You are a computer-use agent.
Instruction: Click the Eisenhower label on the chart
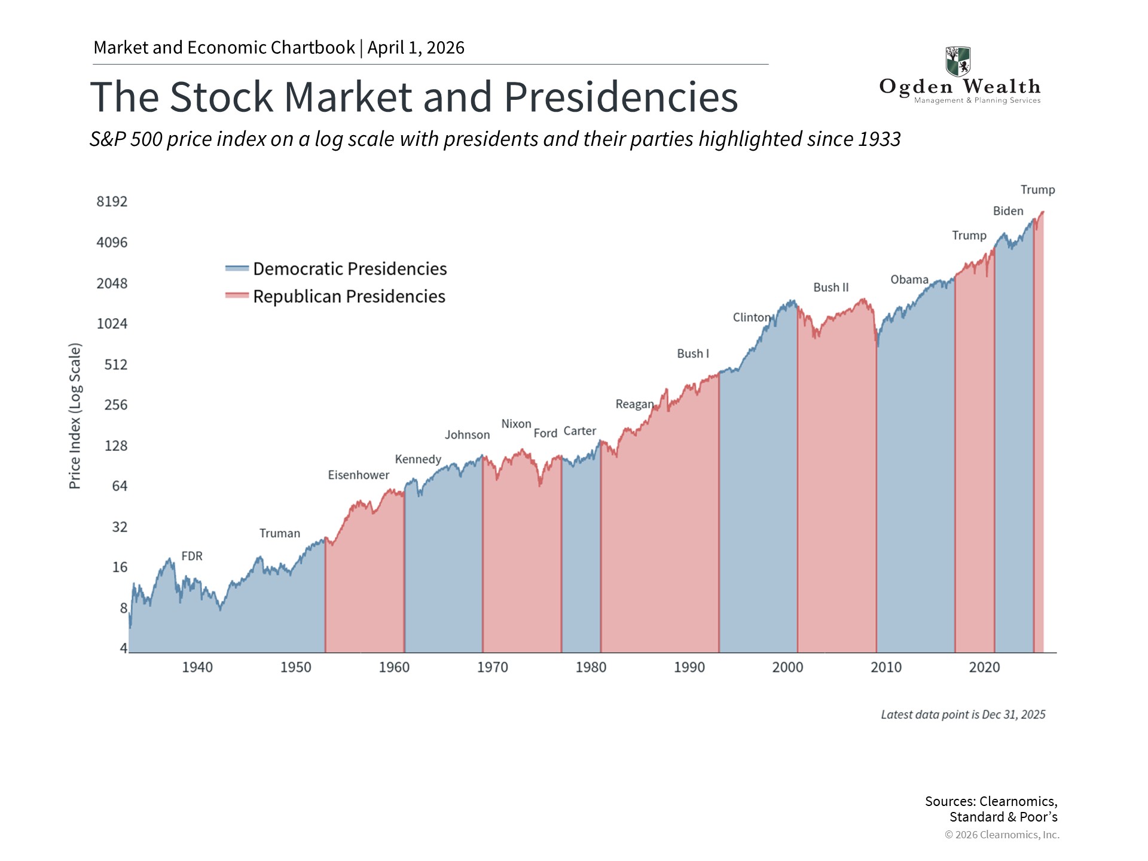click(358, 475)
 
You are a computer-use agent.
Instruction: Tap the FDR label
click(192, 556)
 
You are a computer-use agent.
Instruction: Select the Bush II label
click(831, 288)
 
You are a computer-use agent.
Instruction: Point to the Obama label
click(909, 280)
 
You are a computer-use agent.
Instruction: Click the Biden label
click(1008, 211)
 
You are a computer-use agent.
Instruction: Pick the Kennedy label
click(418, 459)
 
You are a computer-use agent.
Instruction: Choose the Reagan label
click(634, 404)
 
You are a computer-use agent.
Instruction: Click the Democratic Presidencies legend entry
click(349, 269)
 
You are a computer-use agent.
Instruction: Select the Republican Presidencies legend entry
click(349, 297)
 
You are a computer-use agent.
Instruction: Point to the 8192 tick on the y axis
click(112, 201)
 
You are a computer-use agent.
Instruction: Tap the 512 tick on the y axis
click(115, 365)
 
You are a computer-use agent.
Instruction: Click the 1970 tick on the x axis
click(492, 667)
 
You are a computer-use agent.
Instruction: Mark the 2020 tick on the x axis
click(984, 667)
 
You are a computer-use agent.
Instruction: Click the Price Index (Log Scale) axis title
click(75, 416)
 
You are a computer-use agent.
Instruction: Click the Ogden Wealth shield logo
click(958, 62)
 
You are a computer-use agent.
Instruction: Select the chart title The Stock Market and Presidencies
click(414, 97)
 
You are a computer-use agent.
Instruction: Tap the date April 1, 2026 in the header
click(416, 48)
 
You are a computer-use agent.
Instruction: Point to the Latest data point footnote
click(963, 715)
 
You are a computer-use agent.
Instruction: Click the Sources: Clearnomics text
click(991, 802)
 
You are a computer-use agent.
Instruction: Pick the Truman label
click(280, 533)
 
